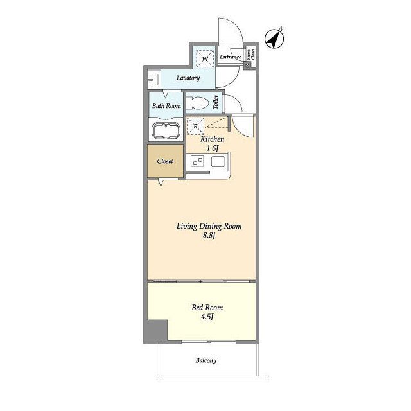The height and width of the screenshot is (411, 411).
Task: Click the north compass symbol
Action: tap(274, 39)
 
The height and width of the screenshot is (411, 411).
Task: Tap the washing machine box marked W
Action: tap(205, 58)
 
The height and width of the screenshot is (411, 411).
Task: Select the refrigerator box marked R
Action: tap(195, 126)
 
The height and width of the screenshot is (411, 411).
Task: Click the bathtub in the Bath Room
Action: tap(166, 131)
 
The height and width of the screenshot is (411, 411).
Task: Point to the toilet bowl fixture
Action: tap(197, 103)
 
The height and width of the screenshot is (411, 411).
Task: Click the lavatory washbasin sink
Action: tap(153, 80)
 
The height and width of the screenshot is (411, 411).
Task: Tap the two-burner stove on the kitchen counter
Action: tap(197, 161)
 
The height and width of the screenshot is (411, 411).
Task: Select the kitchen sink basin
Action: tap(218, 161)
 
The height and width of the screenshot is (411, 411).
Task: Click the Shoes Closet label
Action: tap(250, 54)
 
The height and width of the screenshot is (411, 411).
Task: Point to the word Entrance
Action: tap(231, 57)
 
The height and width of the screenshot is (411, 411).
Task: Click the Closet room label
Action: tap(165, 161)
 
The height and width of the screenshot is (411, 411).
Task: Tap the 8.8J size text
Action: tap(209, 235)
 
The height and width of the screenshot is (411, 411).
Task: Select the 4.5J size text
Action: tap(207, 317)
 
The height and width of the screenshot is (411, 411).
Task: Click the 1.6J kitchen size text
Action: tap(213, 148)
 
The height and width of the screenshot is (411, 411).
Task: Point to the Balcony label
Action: tap(206, 361)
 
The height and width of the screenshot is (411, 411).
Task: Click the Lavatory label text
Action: tap(188, 78)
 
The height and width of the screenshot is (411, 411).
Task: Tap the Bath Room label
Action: tap(166, 106)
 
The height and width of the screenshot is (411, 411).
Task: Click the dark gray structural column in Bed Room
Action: tap(157, 331)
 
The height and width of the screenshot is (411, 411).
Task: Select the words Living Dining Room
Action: tap(209, 226)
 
